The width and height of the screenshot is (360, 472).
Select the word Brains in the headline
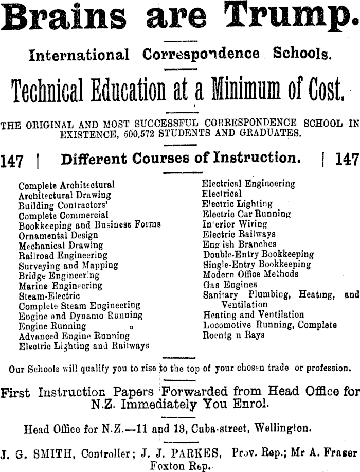point(64,19)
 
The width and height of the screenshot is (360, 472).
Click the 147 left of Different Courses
point(12,161)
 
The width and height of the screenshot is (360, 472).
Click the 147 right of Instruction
point(347,160)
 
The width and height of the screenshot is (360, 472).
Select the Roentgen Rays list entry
point(234,335)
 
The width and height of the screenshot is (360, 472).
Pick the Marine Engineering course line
point(60,286)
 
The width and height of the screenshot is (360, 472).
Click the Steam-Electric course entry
point(49,296)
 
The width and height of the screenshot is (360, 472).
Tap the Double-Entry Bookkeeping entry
point(258,254)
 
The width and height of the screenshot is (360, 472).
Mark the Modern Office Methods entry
point(250,274)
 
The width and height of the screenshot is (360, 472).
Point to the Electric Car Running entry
point(246,214)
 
